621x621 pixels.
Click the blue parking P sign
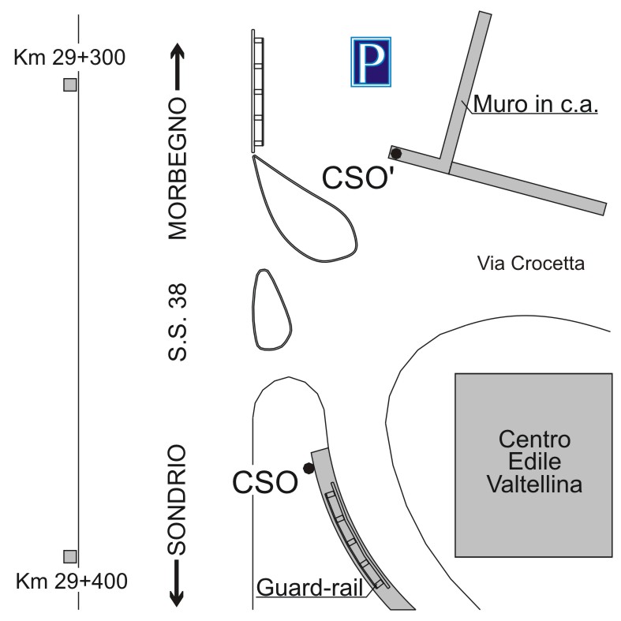click(x=371, y=62)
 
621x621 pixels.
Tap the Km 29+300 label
click(x=69, y=58)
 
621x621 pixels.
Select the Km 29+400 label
click(x=72, y=582)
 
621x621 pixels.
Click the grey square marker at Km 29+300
click(x=70, y=84)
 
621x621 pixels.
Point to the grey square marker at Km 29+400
click(x=70, y=556)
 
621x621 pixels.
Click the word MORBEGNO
click(x=177, y=169)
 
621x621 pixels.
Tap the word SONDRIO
click(x=177, y=499)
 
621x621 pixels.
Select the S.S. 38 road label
click(x=177, y=322)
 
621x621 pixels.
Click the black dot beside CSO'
click(x=395, y=153)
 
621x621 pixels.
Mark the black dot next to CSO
click(x=309, y=468)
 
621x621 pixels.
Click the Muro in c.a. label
click(x=536, y=104)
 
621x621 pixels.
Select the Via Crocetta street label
click(x=531, y=264)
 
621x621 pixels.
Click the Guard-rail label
click(x=310, y=587)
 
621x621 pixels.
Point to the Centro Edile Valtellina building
click(x=533, y=465)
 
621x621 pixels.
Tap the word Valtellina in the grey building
click(x=535, y=484)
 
